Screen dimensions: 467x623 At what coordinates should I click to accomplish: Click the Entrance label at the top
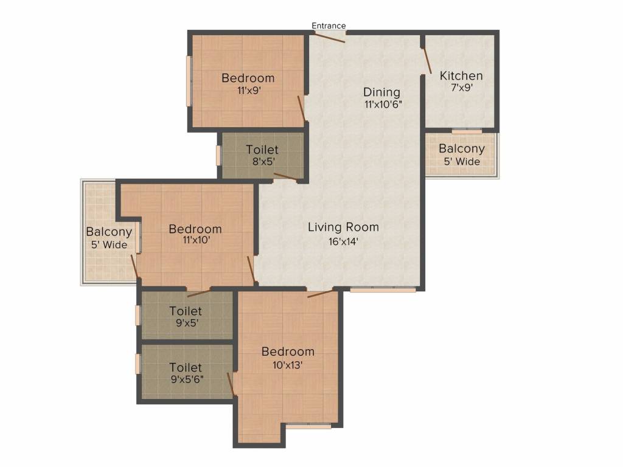[x=329, y=26]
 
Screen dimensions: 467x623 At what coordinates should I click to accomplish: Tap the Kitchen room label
[x=461, y=76]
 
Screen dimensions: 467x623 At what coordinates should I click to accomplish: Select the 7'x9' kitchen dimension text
[x=461, y=88]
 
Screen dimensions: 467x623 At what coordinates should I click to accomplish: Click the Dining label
[x=382, y=92]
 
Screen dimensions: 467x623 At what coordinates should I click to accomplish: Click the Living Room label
[x=343, y=227]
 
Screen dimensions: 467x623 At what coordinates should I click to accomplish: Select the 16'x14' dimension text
[x=343, y=241]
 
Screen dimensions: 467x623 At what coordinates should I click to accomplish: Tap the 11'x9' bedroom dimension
[x=248, y=90]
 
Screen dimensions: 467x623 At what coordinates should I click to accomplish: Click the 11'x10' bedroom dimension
[x=195, y=241]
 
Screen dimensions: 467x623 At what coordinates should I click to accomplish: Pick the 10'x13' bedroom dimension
[x=288, y=365]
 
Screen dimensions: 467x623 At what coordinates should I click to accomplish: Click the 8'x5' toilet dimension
[x=262, y=162]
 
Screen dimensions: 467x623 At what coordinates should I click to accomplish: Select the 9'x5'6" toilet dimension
[x=186, y=379]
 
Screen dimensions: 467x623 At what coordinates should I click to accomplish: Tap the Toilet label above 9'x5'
[x=186, y=311]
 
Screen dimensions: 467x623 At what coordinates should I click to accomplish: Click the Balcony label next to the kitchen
[x=462, y=149]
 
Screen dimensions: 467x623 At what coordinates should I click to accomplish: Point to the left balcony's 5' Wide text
[x=109, y=245]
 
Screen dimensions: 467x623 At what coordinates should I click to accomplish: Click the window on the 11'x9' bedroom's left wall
[x=189, y=81]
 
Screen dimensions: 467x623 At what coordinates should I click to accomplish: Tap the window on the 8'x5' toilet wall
[x=218, y=155]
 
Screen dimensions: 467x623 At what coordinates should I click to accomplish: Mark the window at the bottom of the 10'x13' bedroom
[x=308, y=426]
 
